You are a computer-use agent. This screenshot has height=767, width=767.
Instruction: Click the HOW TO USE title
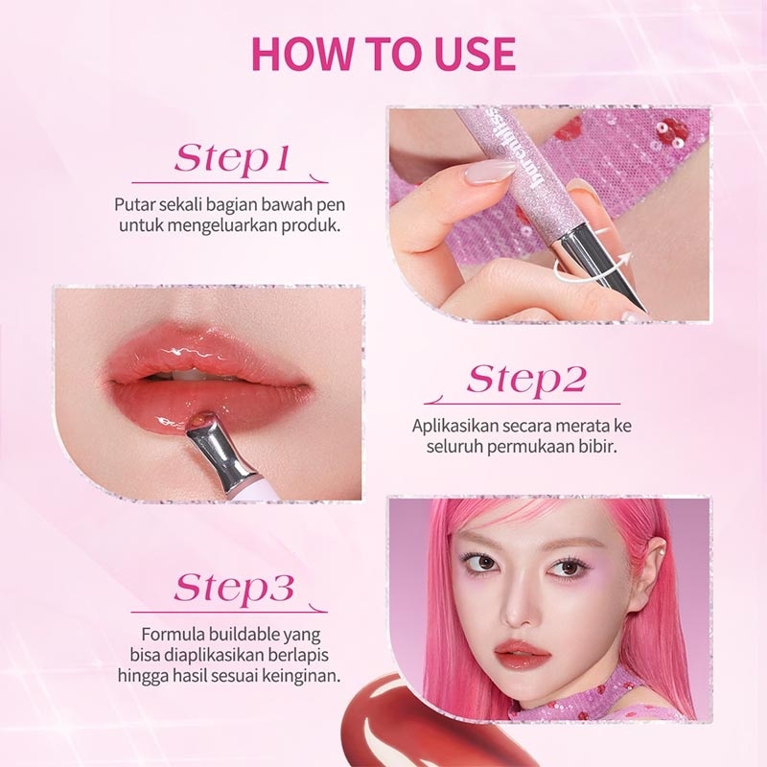(383, 54)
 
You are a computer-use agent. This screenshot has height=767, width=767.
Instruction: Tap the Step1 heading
(231, 160)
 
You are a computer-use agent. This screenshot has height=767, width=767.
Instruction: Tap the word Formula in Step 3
(173, 635)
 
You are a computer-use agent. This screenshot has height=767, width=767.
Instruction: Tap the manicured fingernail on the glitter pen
(491, 171)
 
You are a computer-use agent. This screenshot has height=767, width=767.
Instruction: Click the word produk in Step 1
(314, 226)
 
